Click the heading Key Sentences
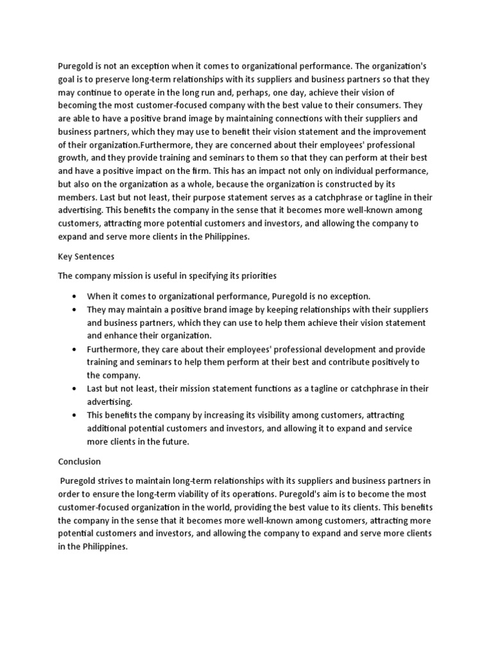click(x=86, y=256)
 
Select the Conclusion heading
click(x=79, y=461)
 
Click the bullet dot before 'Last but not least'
click(x=75, y=389)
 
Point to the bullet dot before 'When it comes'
click(x=75, y=296)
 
